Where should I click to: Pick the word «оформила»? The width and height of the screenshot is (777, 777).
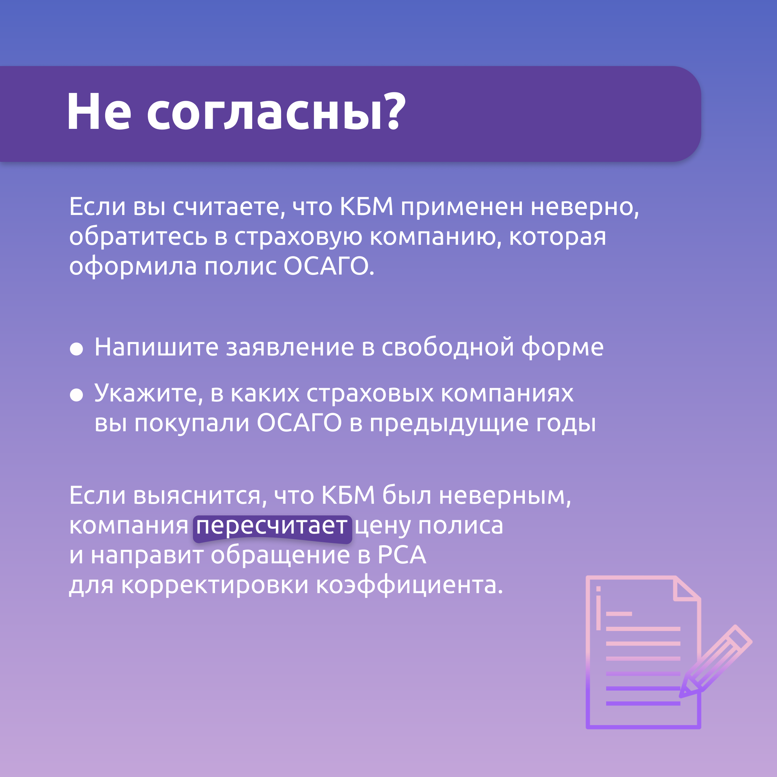click(133, 267)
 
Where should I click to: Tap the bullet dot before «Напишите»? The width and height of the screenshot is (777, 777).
click(76, 349)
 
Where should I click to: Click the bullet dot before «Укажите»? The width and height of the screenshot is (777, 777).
click(76, 395)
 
